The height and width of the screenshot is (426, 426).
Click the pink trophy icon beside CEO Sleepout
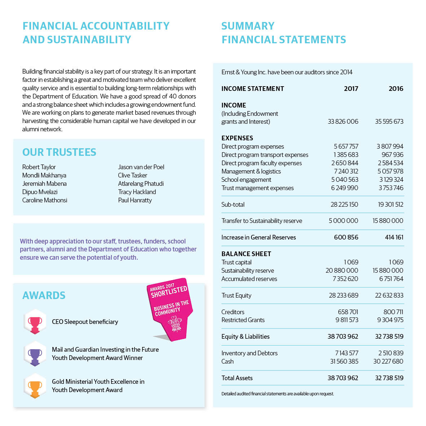[x=35, y=321]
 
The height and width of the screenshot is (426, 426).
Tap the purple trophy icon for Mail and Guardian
[x=35, y=354]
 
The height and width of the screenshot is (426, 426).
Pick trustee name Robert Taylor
[x=39, y=167]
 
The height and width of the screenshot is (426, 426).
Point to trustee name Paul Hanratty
[x=135, y=200]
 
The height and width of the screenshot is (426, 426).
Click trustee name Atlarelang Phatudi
[x=141, y=184]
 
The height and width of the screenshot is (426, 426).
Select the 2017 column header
[x=351, y=89]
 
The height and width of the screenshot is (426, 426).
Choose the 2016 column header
[x=396, y=89]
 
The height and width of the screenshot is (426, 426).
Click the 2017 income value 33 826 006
[x=343, y=122]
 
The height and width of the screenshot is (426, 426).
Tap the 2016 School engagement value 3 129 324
[x=391, y=180]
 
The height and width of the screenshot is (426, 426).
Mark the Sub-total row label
[x=233, y=205]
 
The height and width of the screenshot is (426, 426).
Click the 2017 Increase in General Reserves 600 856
[x=346, y=237]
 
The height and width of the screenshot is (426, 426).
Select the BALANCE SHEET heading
[x=246, y=254]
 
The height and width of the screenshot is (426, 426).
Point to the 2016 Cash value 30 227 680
[x=388, y=361]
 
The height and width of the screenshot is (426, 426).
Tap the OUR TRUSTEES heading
[x=59, y=152]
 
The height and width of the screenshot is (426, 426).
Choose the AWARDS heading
[x=44, y=295]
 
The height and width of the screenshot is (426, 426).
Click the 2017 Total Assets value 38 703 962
[x=343, y=378]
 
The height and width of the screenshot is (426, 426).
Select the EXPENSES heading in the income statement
[x=237, y=138]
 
